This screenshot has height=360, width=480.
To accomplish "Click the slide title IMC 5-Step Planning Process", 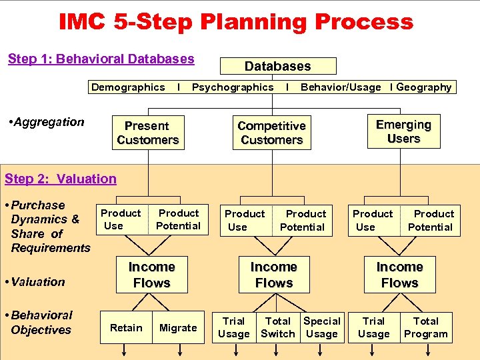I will [x=236, y=22].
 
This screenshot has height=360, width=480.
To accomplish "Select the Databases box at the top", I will [x=278, y=66].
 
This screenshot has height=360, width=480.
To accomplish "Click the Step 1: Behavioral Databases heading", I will [x=101, y=59].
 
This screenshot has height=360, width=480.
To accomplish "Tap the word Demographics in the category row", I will [x=128, y=87].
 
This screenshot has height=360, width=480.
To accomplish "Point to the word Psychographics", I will [x=233, y=87].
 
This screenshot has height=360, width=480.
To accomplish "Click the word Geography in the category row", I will [x=424, y=87].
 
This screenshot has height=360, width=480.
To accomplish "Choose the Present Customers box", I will [x=147, y=133].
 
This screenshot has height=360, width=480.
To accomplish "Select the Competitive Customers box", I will [x=271, y=133].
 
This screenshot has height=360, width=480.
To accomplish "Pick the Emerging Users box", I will [x=403, y=132].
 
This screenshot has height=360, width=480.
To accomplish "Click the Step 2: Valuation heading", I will [x=61, y=179].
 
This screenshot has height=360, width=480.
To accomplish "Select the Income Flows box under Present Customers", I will [x=152, y=275].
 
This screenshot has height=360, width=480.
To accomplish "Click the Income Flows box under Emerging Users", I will [x=399, y=275].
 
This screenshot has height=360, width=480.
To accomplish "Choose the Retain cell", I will [x=126, y=327].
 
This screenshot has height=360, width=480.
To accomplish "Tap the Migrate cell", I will [x=178, y=327].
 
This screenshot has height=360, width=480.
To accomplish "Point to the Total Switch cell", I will [x=278, y=327].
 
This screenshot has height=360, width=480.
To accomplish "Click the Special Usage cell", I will [x=322, y=327].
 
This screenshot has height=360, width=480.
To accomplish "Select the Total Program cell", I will [x=425, y=327].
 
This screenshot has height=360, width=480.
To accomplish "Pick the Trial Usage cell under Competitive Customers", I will [x=234, y=327].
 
